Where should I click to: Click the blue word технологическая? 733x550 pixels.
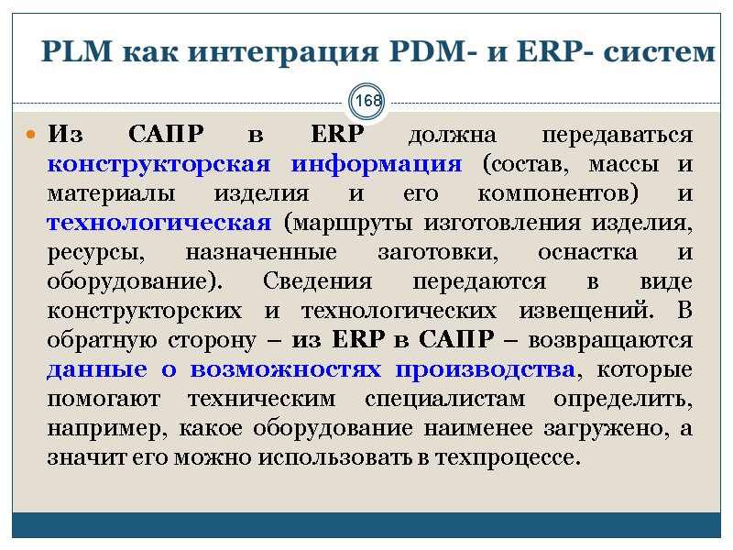[x=159, y=224]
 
